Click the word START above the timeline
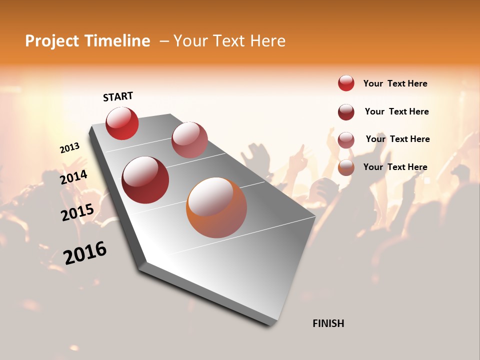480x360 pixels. [118, 96]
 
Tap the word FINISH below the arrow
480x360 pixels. [328, 323]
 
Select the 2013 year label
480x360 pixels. [69, 148]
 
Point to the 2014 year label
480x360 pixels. [73, 177]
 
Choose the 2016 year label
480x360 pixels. [85, 253]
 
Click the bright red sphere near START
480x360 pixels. [122, 123]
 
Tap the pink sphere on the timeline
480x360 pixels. [189, 140]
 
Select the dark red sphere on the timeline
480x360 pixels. [145, 180]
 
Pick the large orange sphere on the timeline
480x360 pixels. [216, 207]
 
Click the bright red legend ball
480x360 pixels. [346, 83]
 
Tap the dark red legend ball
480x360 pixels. [346, 112]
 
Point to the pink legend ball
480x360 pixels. [346, 139]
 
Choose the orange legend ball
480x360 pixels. [346, 167]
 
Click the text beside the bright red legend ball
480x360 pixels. [395, 83]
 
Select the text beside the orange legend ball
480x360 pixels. [395, 167]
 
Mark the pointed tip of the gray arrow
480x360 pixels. [272, 325]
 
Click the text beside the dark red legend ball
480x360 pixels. [396, 111]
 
